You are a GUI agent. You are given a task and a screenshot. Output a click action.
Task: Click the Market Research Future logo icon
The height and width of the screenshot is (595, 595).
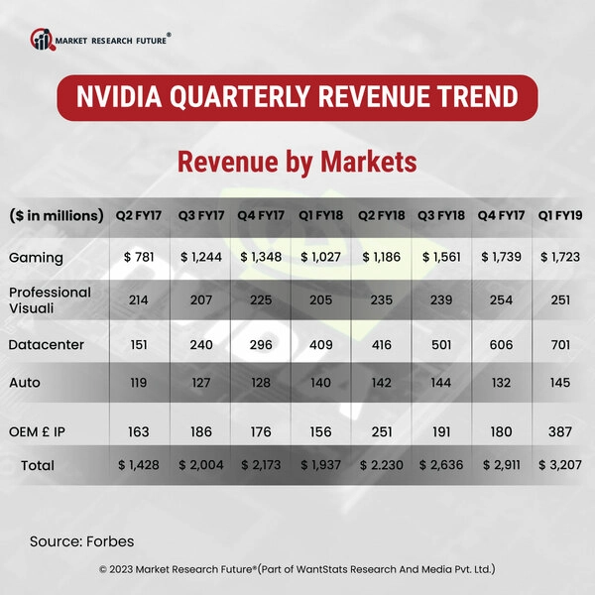point(42,40)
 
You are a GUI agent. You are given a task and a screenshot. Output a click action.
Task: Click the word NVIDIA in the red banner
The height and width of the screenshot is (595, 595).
point(129,97)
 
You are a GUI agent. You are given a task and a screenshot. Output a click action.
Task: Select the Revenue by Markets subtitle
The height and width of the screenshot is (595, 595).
point(297,161)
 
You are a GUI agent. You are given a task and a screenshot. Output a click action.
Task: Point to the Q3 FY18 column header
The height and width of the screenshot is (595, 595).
point(441,215)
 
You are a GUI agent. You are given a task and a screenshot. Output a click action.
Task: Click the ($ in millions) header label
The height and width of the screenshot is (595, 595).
point(57,215)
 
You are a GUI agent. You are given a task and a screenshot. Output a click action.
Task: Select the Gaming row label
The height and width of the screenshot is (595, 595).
point(36,258)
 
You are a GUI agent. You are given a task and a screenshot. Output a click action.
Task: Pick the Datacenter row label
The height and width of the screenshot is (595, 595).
point(48,344)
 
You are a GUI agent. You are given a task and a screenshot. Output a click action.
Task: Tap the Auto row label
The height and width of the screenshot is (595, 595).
point(26,382)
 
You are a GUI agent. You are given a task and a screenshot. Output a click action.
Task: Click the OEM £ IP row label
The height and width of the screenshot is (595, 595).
point(44,432)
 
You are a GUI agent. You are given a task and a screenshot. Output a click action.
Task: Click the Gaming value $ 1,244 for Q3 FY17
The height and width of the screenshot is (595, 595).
point(201,257)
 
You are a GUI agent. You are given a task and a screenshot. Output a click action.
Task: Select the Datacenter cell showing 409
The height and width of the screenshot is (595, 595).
point(321,344)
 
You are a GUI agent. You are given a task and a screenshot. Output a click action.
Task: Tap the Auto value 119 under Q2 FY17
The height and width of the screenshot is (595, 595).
point(141,382)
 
